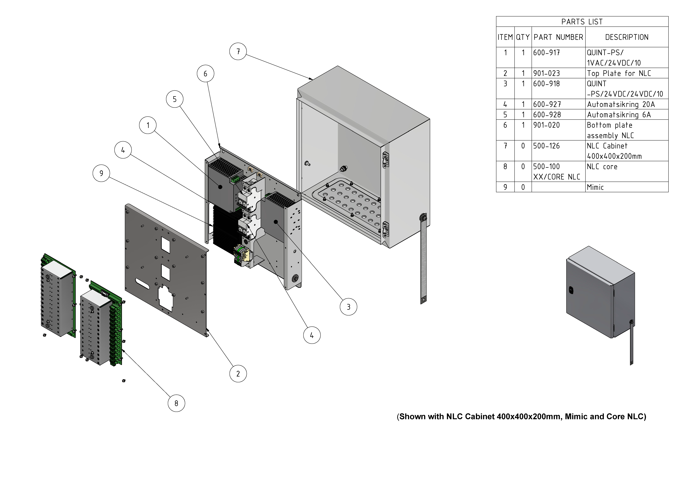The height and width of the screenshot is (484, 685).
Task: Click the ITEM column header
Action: click(x=505, y=37)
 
